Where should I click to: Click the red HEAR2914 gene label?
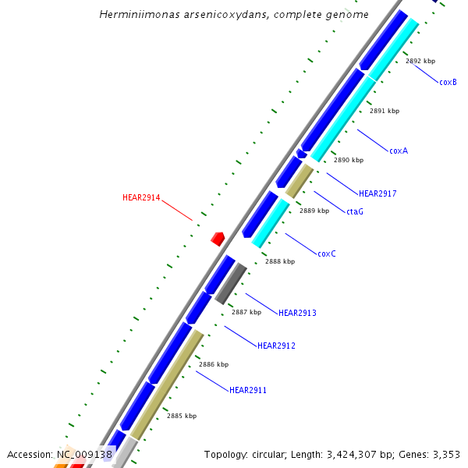point(141,198)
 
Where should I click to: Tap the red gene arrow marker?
point(218,238)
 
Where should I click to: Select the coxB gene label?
point(448,82)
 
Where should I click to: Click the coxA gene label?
point(399,151)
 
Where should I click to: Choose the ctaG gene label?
point(355,211)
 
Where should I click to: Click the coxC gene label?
point(327,253)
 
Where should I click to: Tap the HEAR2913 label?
point(297,313)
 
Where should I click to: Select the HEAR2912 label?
point(276,346)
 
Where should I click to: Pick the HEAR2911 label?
point(248,390)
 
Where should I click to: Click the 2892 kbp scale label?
point(420,61)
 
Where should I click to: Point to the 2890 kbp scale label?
point(349,160)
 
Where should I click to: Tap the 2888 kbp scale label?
point(280,261)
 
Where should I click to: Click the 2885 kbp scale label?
point(182,416)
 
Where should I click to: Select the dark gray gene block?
point(231,284)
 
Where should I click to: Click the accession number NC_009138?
point(85,454)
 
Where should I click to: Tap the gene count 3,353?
point(445,454)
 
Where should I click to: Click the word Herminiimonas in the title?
point(136,15)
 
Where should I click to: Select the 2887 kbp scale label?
point(246,312)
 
